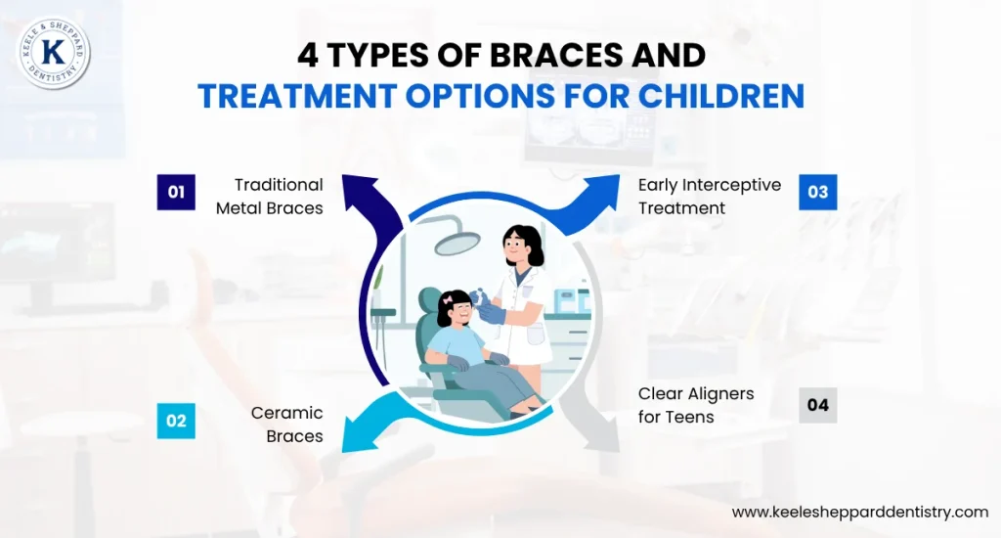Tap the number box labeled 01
click(x=176, y=192)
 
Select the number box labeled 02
click(x=176, y=421)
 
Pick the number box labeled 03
click(x=818, y=192)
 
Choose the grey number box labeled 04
click(x=818, y=405)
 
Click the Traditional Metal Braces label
click(x=270, y=196)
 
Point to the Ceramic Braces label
click(x=287, y=425)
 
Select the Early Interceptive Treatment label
click(x=709, y=196)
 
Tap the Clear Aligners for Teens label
click(x=696, y=405)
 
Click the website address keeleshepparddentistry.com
click(x=860, y=512)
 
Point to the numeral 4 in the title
click(x=309, y=55)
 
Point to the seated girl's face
click(x=457, y=312)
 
